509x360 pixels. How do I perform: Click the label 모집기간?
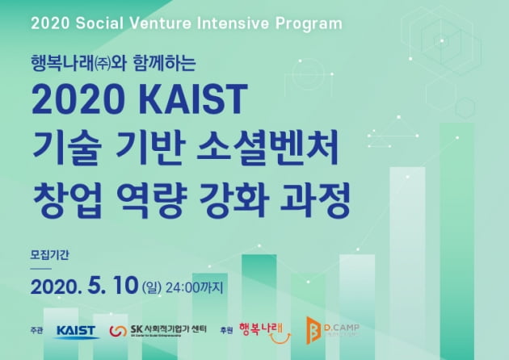(x=50, y=255)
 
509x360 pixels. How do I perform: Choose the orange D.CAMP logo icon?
(x=311, y=329)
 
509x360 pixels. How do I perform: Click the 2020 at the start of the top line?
(x=48, y=21)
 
